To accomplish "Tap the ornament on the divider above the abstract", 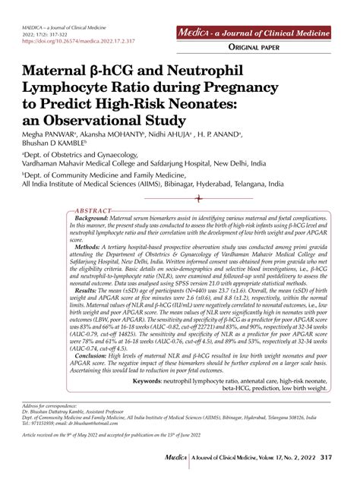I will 199,199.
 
